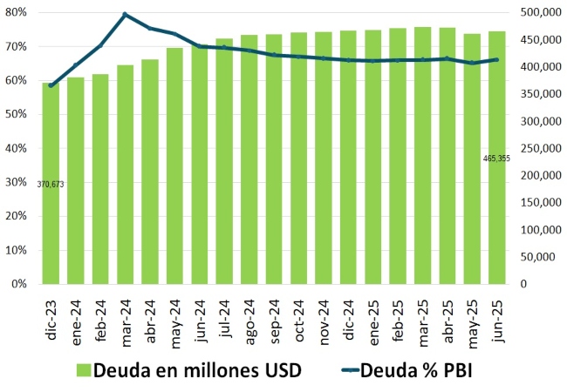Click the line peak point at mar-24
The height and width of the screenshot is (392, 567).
click(x=125, y=15)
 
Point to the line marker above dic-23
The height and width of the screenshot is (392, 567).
click(x=51, y=85)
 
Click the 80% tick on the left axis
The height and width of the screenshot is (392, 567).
click(x=17, y=12)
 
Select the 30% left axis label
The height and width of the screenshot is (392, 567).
click(x=17, y=182)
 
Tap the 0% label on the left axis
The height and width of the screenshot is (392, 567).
click(x=20, y=284)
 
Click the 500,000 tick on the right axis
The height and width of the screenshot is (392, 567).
click(x=543, y=12)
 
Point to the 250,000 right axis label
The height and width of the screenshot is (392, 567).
click(x=543, y=148)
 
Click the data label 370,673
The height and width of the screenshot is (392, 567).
click(x=51, y=184)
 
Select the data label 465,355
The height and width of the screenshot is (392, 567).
click(x=496, y=159)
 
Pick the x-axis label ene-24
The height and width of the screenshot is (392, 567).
click(x=76, y=320)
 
